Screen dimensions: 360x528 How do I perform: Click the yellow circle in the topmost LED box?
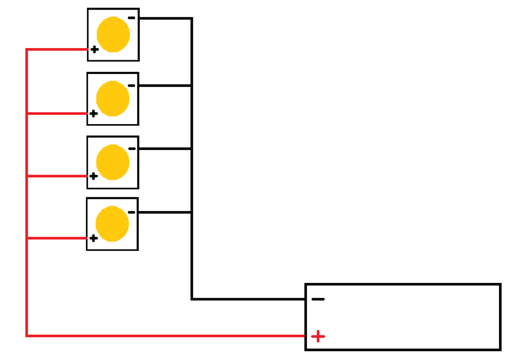coord(113,34)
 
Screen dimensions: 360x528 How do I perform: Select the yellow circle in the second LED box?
coord(112,99)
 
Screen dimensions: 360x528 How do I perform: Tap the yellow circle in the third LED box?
coord(112,162)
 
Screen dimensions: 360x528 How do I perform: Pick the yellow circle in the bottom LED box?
coord(112,224)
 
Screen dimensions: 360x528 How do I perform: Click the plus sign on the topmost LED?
coord(95,50)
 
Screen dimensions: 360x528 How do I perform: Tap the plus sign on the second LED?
coord(93,113)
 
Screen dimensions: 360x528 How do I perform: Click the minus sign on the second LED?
coord(131,86)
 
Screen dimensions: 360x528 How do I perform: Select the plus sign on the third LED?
coord(93,176)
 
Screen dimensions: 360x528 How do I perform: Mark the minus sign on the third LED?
coord(131,149)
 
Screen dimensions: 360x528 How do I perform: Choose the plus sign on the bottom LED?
coord(93,238)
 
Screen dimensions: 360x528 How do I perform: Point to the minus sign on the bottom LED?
coord(131,212)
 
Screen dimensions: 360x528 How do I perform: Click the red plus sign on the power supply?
coord(318,336)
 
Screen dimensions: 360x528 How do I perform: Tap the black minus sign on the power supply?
coord(318,299)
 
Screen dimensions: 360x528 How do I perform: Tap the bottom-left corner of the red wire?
coord(27,335)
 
